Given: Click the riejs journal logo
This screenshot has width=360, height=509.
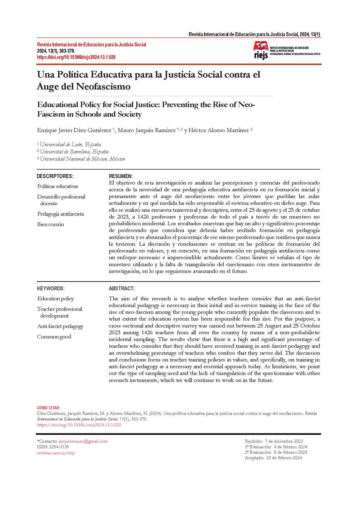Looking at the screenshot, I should (287, 51).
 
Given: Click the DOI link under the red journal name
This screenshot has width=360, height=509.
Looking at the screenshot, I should (76, 56).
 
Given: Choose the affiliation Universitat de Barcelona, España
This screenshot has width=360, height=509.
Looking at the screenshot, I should (74, 151).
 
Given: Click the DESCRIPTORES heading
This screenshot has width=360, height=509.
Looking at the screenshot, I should (55, 176).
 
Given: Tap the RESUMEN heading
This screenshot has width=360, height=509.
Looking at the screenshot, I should (121, 176).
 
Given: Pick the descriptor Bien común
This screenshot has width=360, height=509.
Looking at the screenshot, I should (51, 224).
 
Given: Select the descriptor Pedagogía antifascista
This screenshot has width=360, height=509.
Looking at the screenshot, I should (60, 214).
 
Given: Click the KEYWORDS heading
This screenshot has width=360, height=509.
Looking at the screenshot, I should (51, 288).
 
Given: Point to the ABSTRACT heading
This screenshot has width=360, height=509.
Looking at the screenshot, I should (122, 288).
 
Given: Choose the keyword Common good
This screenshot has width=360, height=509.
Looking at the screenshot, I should (54, 337).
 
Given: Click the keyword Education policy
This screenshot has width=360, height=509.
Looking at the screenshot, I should (55, 299).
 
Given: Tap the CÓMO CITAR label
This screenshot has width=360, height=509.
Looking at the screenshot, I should (49, 408).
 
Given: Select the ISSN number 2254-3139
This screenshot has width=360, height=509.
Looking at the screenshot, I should (59, 447).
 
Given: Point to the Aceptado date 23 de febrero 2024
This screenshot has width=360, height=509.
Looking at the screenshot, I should (284, 458).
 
